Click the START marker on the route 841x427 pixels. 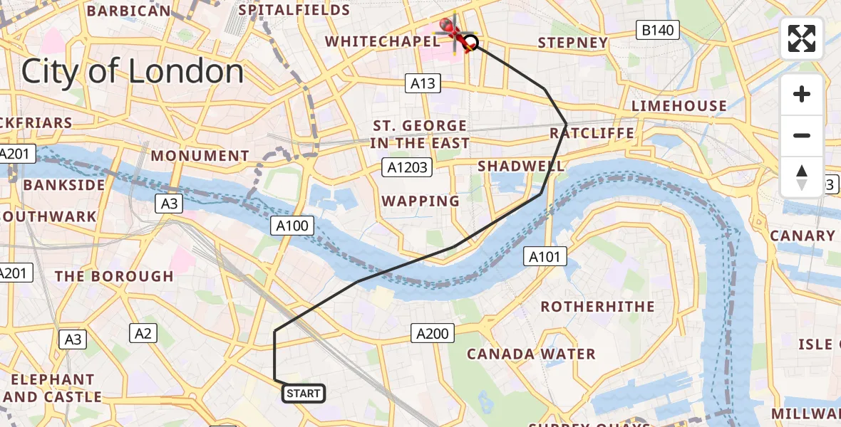(x=304, y=394)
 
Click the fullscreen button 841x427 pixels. (x=802, y=38)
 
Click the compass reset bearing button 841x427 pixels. (x=802, y=177)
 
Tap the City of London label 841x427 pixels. (x=133, y=72)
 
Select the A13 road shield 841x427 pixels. (x=422, y=83)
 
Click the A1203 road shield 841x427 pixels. (x=406, y=167)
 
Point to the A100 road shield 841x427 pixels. (x=293, y=226)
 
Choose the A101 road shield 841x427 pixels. (x=545, y=257)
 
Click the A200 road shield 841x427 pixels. (x=432, y=332)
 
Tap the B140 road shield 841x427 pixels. (x=658, y=30)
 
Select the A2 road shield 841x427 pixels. (x=143, y=332)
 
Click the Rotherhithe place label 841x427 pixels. (x=597, y=307)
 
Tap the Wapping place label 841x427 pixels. (x=420, y=201)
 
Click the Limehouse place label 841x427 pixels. (x=679, y=106)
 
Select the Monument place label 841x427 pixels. (x=200, y=156)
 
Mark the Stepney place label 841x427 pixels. (x=573, y=43)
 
